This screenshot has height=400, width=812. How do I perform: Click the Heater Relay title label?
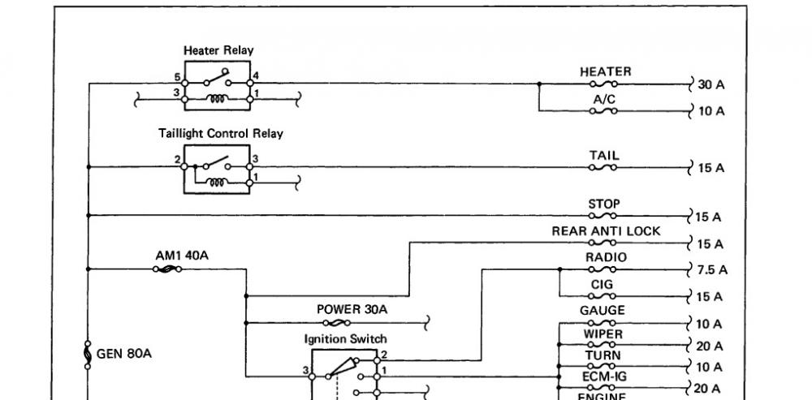click(218, 51)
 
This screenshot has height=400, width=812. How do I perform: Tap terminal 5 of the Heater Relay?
click(184, 83)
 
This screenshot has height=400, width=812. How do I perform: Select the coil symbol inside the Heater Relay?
click(217, 98)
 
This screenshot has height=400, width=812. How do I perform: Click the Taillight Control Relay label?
click(221, 134)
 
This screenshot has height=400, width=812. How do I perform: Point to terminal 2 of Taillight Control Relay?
click(184, 166)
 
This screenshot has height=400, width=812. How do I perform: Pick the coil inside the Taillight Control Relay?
click(217, 182)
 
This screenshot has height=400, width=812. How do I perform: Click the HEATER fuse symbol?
click(603, 84)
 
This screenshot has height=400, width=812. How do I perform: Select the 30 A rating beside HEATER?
click(711, 85)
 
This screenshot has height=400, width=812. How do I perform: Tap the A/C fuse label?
click(604, 99)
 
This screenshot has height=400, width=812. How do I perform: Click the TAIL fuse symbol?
click(603, 167)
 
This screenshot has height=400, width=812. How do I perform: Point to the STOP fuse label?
click(604, 204)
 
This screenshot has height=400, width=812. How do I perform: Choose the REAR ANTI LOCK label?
click(606, 231)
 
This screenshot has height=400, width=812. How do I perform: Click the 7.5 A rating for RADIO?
click(712, 269)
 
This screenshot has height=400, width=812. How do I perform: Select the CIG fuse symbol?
click(603, 296)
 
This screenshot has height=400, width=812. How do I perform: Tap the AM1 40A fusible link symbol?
click(166, 269)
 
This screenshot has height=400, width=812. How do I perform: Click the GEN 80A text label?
click(124, 355)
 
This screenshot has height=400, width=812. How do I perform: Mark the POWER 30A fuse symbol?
click(337, 323)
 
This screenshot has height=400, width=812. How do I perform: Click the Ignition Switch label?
click(345, 339)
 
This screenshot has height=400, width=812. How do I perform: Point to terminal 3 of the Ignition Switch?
click(312, 376)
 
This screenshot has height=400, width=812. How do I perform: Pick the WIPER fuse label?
click(603, 333)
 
